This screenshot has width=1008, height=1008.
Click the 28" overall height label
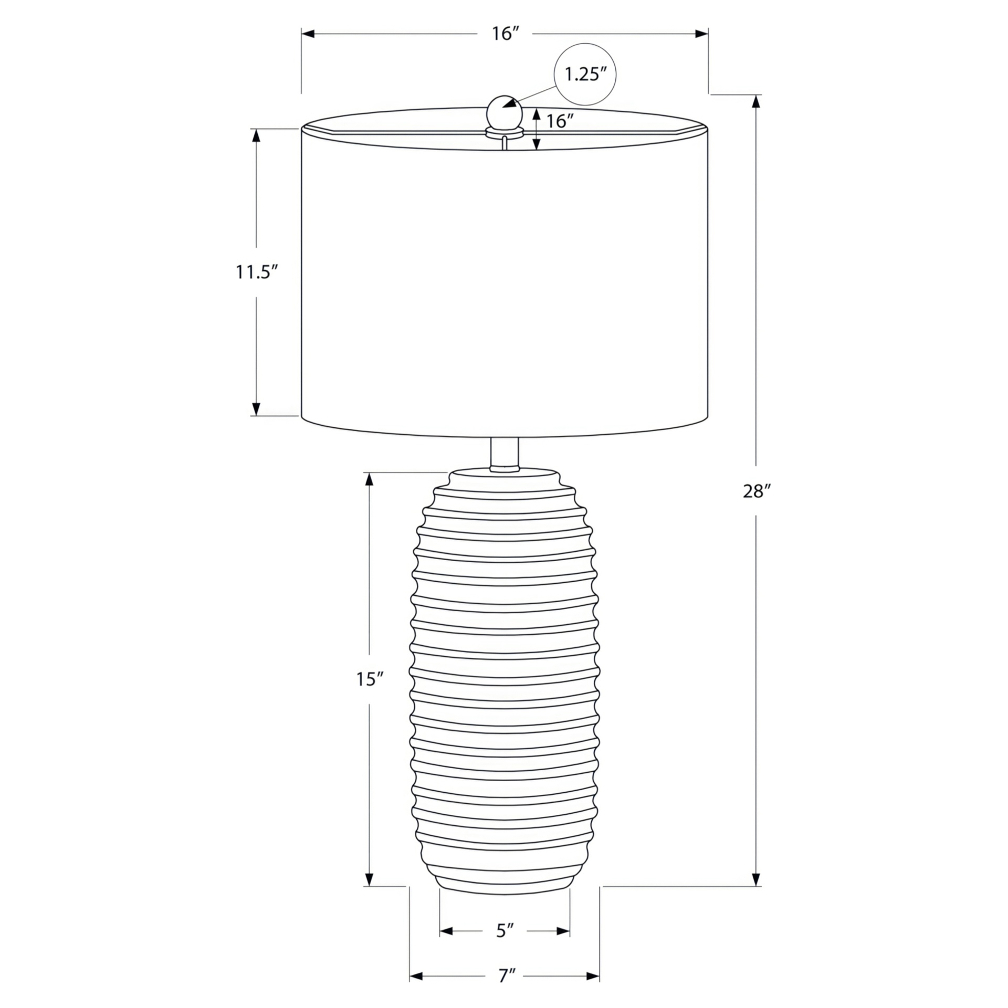(x=756, y=491)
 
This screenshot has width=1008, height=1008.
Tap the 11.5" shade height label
(x=256, y=272)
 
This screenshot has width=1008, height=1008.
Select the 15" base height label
(x=370, y=679)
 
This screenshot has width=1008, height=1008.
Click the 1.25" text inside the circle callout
(x=585, y=74)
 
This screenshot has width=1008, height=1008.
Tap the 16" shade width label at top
(x=505, y=34)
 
